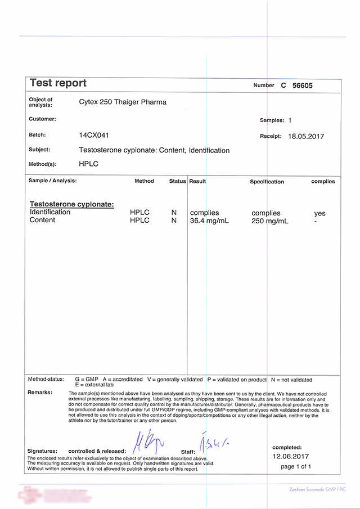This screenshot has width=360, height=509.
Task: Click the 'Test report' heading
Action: pyautogui.click(x=58, y=83)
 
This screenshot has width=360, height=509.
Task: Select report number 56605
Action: pyautogui.click(x=302, y=86)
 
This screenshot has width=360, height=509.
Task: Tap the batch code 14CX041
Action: pyautogui.click(x=94, y=135)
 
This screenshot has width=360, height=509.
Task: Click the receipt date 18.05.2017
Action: pyautogui.click(x=306, y=136)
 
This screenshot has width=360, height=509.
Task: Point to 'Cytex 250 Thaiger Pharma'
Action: pyautogui.click(x=123, y=102)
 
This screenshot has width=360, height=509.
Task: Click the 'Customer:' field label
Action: pyautogui.click(x=42, y=119)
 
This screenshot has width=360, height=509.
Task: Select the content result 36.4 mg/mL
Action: pyautogui.click(x=209, y=220)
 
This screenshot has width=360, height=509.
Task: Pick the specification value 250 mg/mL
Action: pyautogui.click(x=269, y=221)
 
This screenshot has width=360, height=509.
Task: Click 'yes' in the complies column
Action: pyautogui.click(x=319, y=214)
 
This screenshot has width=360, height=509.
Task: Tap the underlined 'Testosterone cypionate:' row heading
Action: pyautogui.click(x=71, y=204)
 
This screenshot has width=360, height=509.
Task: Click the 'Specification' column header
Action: pyautogui.click(x=267, y=182)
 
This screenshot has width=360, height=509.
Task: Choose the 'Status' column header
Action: pyautogui.click(x=177, y=181)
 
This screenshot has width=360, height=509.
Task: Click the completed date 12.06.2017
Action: pyautogui.click(x=291, y=457)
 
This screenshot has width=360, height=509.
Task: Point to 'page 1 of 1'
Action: pyautogui.click(x=295, y=467)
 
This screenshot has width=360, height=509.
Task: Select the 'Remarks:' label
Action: pyautogui.click(x=40, y=392)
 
